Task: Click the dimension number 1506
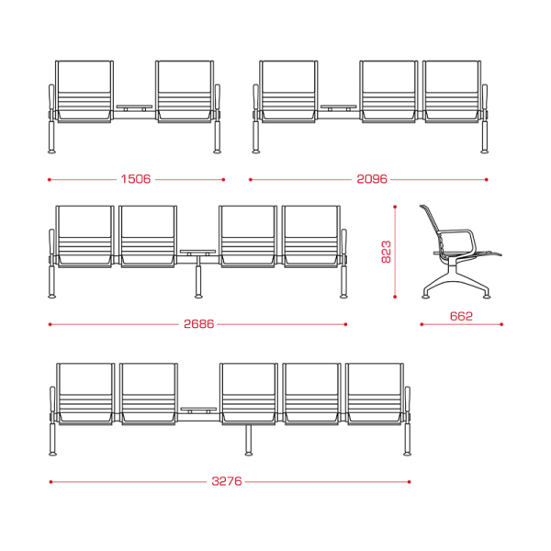(x=136, y=179)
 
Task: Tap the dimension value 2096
(x=372, y=179)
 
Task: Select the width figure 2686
(x=198, y=324)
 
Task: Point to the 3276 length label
(x=227, y=481)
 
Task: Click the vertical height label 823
(x=386, y=252)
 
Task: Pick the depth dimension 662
(x=461, y=316)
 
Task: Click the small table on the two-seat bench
(x=134, y=107)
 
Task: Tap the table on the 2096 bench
(x=338, y=107)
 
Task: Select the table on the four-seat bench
(x=197, y=253)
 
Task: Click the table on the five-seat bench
(x=198, y=410)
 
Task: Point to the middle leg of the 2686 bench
(x=198, y=281)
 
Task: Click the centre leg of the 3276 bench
(x=249, y=439)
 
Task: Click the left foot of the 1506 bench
(x=51, y=152)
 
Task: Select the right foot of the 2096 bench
(x=485, y=152)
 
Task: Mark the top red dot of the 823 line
(x=395, y=207)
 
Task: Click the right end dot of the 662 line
(x=501, y=324)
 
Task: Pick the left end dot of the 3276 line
(x=51, y=482)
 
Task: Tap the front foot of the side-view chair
(x=487, y=297)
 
